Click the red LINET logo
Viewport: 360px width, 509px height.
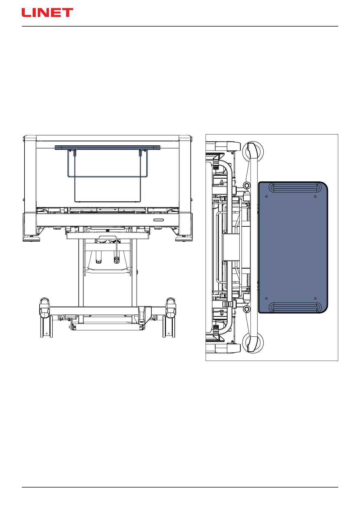[x=47, y=12]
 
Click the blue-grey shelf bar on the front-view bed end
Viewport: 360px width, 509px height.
[x=108, y=148]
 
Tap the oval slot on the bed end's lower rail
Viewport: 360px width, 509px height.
[x=159, y=220]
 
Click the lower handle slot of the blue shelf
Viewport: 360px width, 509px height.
[x=295, y=307]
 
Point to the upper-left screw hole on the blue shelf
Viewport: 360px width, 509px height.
[x=266, y=196]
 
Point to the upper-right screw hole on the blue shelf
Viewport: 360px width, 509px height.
[x=315, y=196]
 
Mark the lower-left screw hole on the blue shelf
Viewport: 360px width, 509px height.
[x=266, y=298]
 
